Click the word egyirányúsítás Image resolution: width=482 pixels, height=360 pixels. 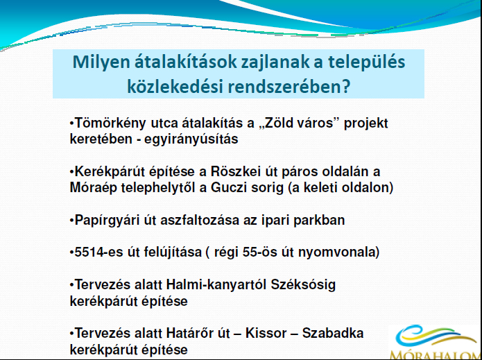click(191, 139)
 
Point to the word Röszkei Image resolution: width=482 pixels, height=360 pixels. click(236, 171)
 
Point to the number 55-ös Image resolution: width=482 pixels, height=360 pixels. click(259, 252)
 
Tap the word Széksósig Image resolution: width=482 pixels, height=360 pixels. click(303, 286)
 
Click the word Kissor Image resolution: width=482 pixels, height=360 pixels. click(266, 333)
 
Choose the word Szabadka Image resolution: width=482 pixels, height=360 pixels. click(333, 333)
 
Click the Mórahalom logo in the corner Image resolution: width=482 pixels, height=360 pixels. click(436, 342)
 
